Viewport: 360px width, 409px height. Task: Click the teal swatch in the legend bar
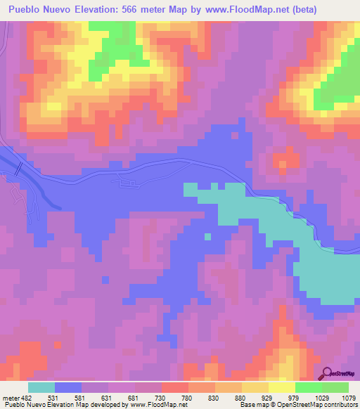coord(41,388)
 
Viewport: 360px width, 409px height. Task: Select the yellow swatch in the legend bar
coord(281,388)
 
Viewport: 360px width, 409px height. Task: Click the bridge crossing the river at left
coord(19,169)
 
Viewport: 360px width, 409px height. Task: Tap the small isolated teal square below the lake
coord(208,236)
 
